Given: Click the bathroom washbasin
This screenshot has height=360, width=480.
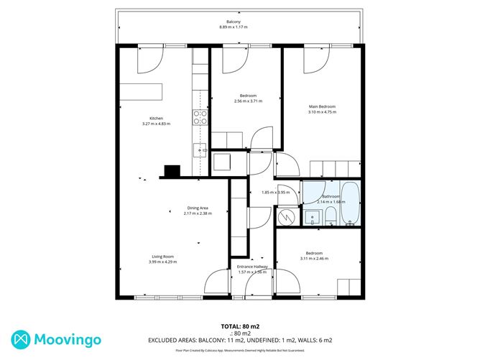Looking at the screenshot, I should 313,218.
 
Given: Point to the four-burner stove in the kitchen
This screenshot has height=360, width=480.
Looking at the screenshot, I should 200,117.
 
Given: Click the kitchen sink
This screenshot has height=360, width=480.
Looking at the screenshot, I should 200,151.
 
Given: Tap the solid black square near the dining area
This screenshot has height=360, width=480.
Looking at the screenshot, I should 172,171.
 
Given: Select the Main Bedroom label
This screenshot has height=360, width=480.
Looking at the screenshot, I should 321,106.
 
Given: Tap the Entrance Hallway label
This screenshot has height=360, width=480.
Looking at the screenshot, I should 251,267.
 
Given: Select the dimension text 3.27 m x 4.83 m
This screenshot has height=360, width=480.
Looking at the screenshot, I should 156,124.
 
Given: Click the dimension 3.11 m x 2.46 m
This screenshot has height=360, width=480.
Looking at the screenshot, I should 313,259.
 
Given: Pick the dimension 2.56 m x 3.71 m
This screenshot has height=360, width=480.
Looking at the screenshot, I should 248,101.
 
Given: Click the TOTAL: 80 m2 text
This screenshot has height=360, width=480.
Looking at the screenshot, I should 239,326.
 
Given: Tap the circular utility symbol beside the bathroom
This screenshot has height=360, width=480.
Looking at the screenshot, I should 286,215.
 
